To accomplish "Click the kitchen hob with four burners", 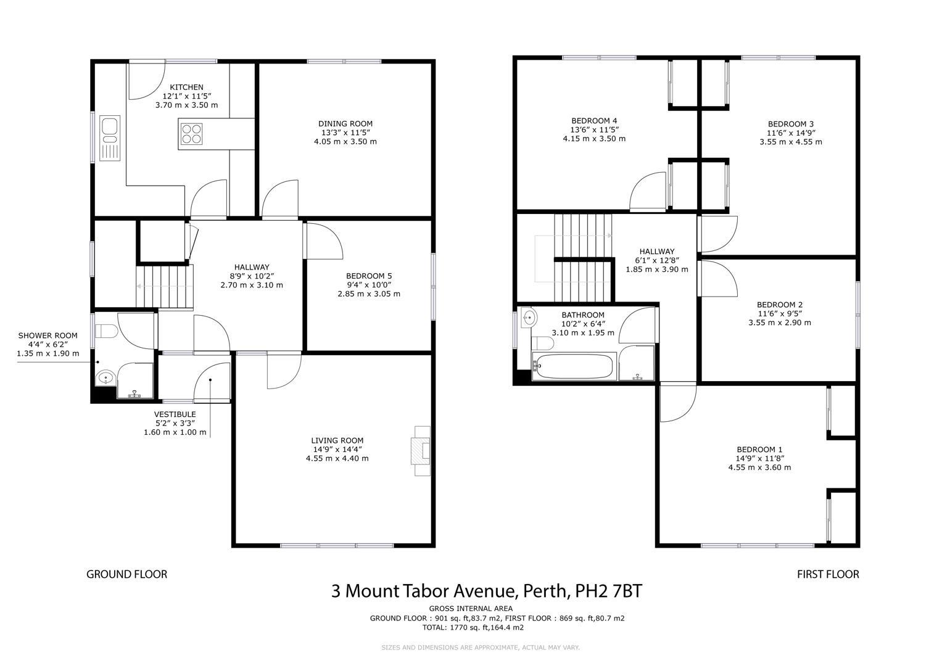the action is (191, 134).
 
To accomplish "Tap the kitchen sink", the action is (110, 138).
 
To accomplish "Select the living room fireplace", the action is (421, 451).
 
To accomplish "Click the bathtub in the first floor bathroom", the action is (574, 367).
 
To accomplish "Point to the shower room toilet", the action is (106, 331).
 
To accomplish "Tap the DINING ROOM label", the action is (345, 123).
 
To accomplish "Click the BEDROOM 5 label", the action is (369, 276).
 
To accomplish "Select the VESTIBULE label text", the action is (175, 414).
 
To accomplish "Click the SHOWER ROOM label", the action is (48, 335).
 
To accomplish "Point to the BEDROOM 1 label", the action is (759, 450).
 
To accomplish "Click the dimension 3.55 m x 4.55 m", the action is (791, 142).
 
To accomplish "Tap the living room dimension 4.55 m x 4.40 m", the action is (337, 458).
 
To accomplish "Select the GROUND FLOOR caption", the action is (127, 574).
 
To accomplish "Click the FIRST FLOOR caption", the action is (828, 574).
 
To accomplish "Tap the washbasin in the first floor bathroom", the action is (529, 318).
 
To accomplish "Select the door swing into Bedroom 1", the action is (679, 403).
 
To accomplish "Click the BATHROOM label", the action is (583, 315).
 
